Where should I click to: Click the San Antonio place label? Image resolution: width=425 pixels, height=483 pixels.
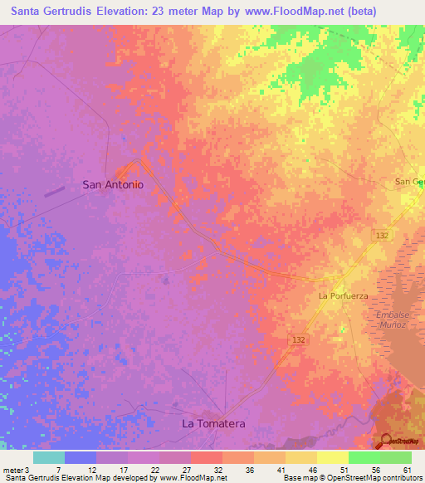pyautogui.click(x=113, y=185)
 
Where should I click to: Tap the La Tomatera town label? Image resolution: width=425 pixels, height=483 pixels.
pyautogui.click(x=213, y=424)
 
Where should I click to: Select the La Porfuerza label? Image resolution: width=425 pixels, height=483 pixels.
pyautogui.click(x=343, y=295)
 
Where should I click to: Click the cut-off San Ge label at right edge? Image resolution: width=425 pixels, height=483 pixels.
pyautogui.click(x=409, y=182)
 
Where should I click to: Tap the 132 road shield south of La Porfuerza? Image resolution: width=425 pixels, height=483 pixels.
pyautogui.click(x=300, y=340)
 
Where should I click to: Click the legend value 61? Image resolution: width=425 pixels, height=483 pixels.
pyautogui.click(x=407, y=469)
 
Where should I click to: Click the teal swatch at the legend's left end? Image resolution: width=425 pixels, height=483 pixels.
pyautogui.click(x=49, y=457)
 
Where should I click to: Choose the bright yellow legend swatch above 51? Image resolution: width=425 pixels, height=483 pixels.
pyautogui.click(x=332, y=457)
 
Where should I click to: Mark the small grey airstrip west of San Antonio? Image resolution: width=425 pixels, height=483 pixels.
pyautogui.click(x=55, y=191)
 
